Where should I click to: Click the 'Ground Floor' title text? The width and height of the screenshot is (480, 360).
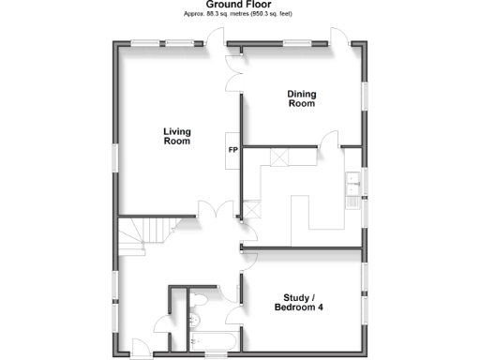pyautogui.click(x=240, y=6)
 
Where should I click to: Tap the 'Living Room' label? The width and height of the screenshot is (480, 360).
pyautogui.click(x=176, y=137)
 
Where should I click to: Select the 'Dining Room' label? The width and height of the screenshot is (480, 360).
pyautogui.click(x=301, y=98)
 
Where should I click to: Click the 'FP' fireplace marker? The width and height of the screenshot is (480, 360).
pyautogui.click(x=232, y=150)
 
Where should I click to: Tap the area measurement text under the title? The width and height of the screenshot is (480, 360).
pyautogui.click(x=240, y=16)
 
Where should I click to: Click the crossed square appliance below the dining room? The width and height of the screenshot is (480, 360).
pyautogui.click(x=277, y=157)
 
